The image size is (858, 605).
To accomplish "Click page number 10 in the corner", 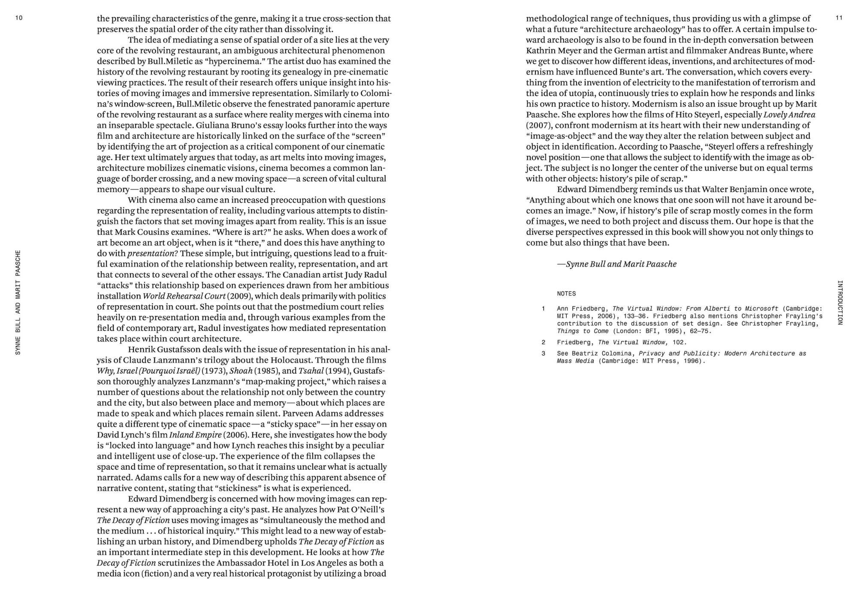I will click(18, 18).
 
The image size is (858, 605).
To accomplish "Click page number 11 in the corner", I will click(839, 18).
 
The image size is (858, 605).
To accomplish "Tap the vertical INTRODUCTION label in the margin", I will click(840, 302).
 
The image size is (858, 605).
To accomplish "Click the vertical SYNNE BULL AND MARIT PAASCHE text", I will click(18, 302).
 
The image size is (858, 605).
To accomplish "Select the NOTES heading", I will click(566, 294).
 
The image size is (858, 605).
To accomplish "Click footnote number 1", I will click(544, 308).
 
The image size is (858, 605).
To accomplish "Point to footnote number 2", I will click(544, 342).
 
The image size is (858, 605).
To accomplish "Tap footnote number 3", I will click(544, 353).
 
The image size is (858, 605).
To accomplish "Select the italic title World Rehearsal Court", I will click(184, 296).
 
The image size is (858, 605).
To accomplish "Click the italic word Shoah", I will click(241, 371).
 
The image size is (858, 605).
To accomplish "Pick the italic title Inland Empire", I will click(195, 435).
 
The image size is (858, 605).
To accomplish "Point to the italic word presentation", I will click(151, 254).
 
